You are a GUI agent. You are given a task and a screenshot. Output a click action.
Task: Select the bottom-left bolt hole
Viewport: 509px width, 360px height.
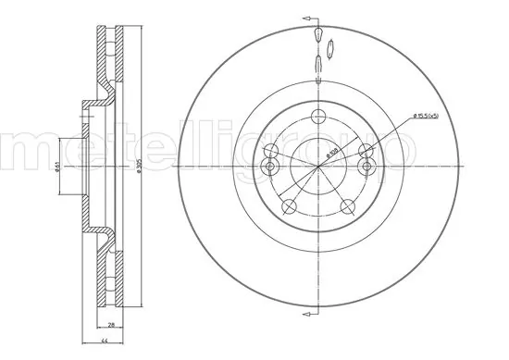(x=290, y=205)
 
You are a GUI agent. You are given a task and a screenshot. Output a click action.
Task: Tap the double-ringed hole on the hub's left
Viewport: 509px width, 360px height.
(x=271, y=167)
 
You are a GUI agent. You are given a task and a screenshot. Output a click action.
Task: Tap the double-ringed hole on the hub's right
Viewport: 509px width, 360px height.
(x=366, y=167)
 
